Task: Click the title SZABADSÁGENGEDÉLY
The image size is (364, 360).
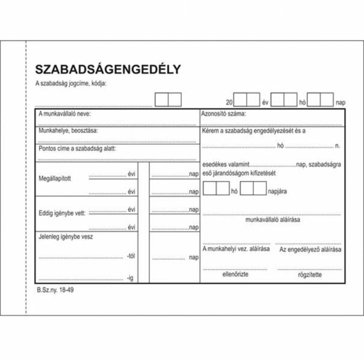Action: click(108, 69)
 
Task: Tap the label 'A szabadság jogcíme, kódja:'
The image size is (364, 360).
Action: click(71, 83)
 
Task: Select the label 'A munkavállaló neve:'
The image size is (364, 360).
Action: click(65, 113)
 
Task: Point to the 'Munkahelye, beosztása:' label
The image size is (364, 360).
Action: click(68, 130)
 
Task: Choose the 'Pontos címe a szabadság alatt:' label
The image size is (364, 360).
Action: click(77, 148)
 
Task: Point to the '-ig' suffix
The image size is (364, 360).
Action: click(130, 278)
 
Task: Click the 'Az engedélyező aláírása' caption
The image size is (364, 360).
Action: click(310, 249)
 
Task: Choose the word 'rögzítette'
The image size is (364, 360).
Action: click(310, 275)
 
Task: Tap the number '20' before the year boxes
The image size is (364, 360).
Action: click(228, 103)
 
